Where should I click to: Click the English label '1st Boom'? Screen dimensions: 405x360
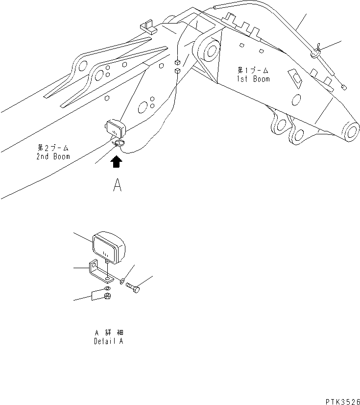(x=253, y=78)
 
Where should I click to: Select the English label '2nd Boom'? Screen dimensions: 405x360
(x=53, y=156)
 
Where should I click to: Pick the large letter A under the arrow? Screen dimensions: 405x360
(x=117, y=186)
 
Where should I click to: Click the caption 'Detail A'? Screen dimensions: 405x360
(x=109, y=341)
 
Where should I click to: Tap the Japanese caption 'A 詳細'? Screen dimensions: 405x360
(x=109, y=333)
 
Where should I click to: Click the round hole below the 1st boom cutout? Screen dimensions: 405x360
(x=296, y=100)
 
